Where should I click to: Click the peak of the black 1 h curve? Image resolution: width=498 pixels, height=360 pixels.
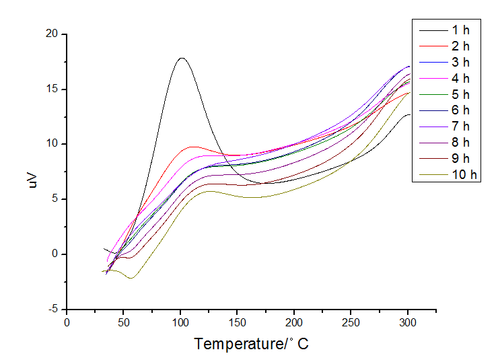[181, 58]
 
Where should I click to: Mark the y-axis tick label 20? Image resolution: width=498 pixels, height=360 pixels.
[50, 34]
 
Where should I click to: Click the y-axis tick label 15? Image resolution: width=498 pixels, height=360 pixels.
[50, 89]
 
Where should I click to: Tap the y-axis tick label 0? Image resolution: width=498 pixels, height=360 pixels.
[54, 254]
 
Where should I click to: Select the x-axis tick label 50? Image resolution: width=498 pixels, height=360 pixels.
[124, 322]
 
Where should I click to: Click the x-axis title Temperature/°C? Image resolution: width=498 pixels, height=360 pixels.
[252, 344]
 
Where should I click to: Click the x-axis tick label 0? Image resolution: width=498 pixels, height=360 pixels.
[67, 322]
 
